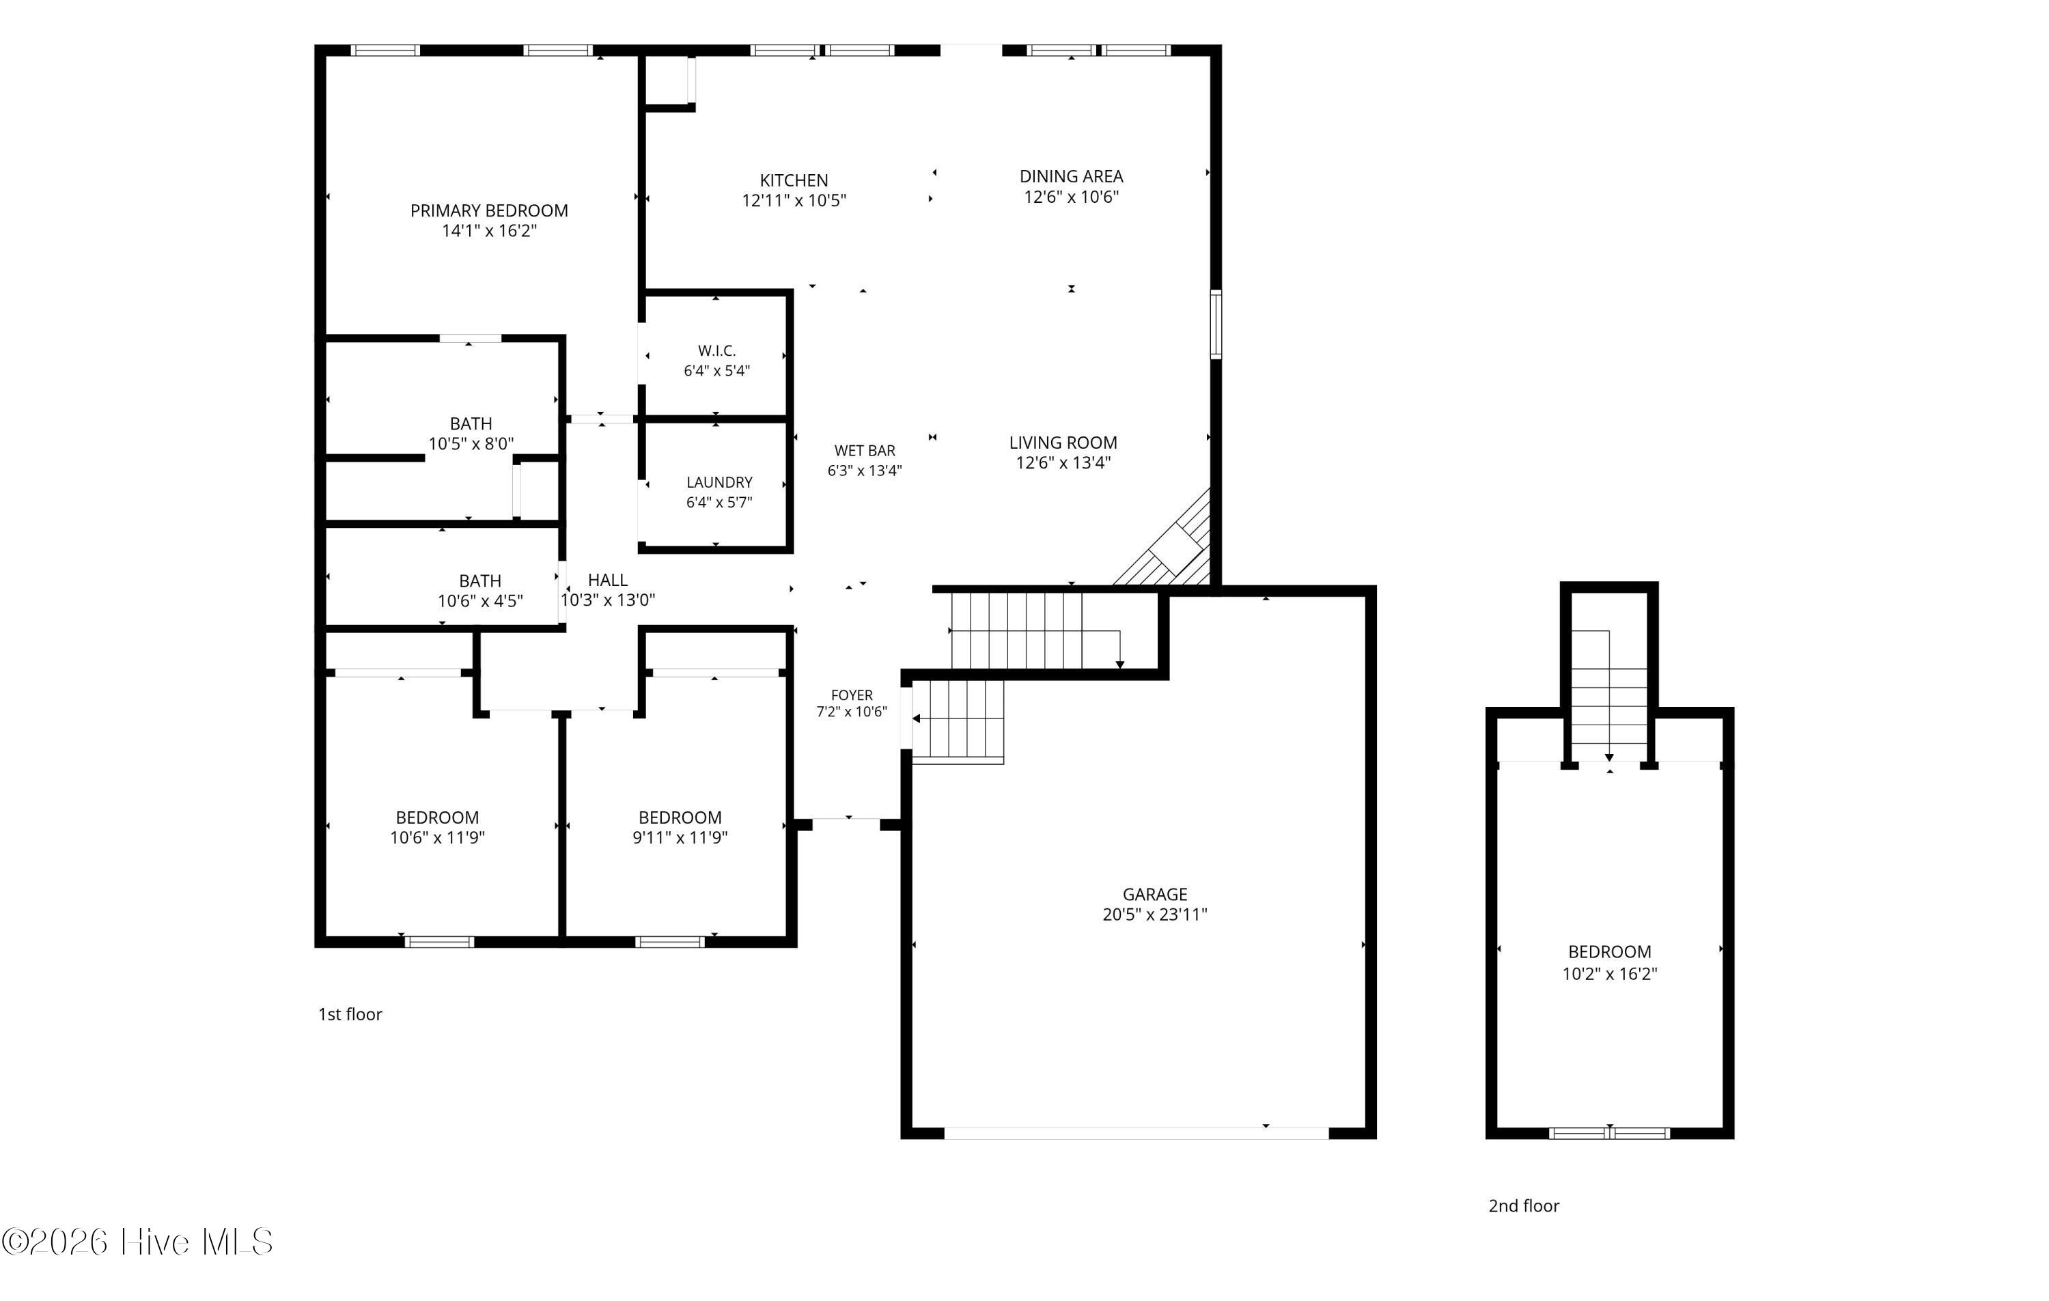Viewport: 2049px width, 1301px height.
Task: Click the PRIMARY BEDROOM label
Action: point(489,210)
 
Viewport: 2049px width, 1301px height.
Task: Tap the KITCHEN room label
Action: point(794,180)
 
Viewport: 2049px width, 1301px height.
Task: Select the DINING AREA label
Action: point(1072,176)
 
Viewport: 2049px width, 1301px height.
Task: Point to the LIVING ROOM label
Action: point(1063,443)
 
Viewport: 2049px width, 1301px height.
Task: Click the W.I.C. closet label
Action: point(716,350)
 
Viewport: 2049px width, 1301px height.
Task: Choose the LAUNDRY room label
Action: point(719,482)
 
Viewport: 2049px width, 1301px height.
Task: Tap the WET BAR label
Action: point(865,451)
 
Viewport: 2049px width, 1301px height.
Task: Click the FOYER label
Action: point(852,695)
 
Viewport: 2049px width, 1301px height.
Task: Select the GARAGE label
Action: point(1155,894)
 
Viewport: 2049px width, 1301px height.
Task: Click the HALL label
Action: point(608,579)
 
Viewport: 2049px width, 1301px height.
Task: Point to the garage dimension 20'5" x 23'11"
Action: point(1155,914)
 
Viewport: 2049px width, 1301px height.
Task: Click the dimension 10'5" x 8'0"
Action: point(471,443)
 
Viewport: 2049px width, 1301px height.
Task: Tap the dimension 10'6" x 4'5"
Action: point(480,601)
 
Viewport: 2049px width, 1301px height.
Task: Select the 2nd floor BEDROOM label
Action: point(1610,952)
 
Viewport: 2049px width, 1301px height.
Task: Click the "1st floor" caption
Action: point(350,1014)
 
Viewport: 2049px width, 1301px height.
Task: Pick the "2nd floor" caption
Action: point(1524,1205)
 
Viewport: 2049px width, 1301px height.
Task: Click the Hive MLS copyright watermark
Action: point(137,1242)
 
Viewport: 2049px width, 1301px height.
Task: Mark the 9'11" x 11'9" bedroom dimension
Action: point(680,837)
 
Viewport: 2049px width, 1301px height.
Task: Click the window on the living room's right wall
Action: point(1216,324)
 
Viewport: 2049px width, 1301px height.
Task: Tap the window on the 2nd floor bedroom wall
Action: point(1609,1134)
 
